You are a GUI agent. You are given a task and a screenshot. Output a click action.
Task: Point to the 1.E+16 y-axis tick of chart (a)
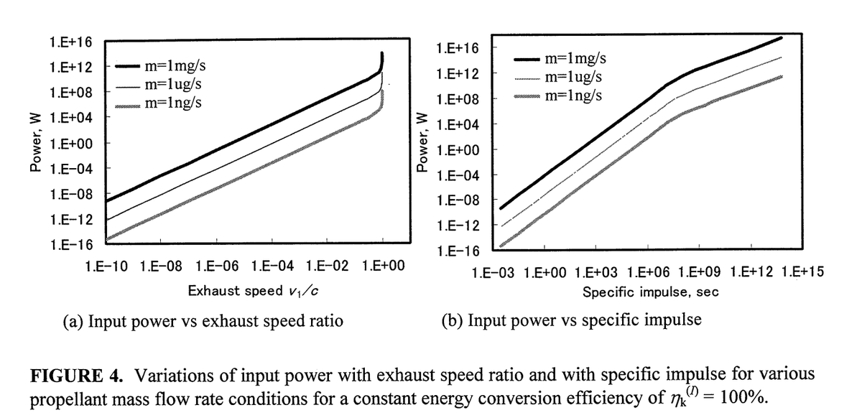pyautogui.click(x=70, y=41)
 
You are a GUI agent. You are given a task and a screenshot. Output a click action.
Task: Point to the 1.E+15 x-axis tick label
pyautogui.click(x=802, y=272)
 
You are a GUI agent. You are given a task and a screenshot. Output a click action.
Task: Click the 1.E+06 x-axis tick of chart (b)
pyautogui.click(x=649, y=272)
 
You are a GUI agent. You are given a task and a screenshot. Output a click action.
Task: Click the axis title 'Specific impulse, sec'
pyautogui.click(x=650, y=292)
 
